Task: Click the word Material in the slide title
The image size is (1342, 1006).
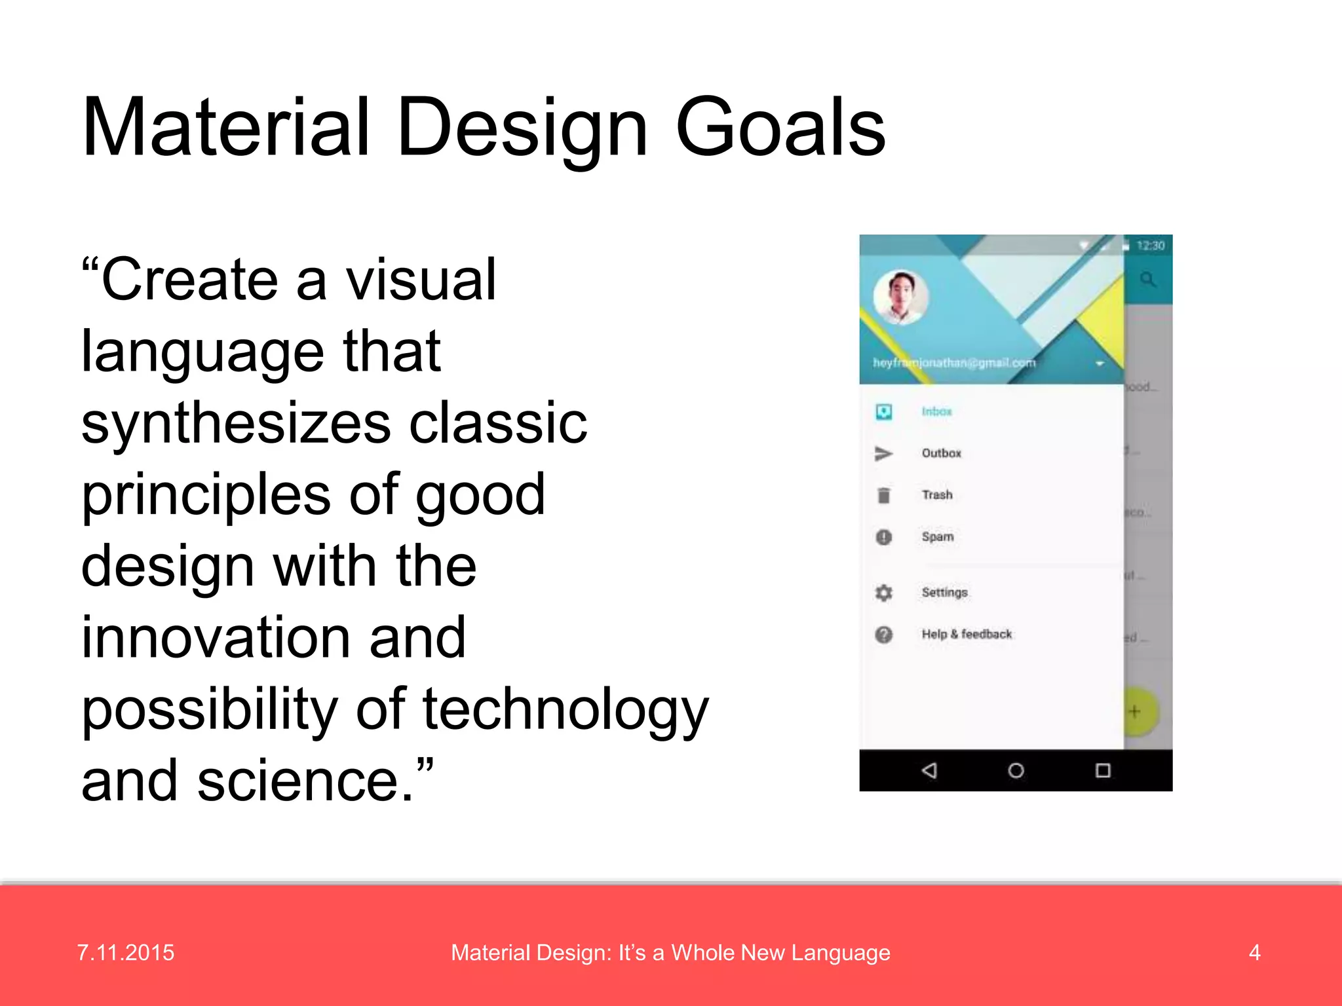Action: [226, 128]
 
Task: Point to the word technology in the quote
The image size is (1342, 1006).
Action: [566, 711]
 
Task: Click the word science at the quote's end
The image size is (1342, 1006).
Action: [305, 781]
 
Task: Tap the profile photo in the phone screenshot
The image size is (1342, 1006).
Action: [901, 298]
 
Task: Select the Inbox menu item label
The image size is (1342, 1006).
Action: [936, 411]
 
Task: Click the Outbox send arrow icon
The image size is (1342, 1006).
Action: [883, 453]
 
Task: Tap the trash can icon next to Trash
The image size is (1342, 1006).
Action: [883, 495]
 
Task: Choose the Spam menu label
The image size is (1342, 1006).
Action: [938, 537]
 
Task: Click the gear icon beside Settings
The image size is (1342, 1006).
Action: [883, 593]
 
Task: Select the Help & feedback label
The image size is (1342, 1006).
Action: [967, 634]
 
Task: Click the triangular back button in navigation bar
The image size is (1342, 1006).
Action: [929, 770]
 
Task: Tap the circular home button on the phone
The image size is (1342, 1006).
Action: [1016, 770]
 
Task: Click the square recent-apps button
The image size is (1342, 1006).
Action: [1103, 770]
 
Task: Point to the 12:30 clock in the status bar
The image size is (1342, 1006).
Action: [1150, 246]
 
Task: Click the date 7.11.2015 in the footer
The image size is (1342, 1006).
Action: [126, 952]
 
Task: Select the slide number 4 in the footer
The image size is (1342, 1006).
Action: [1254, 952]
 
